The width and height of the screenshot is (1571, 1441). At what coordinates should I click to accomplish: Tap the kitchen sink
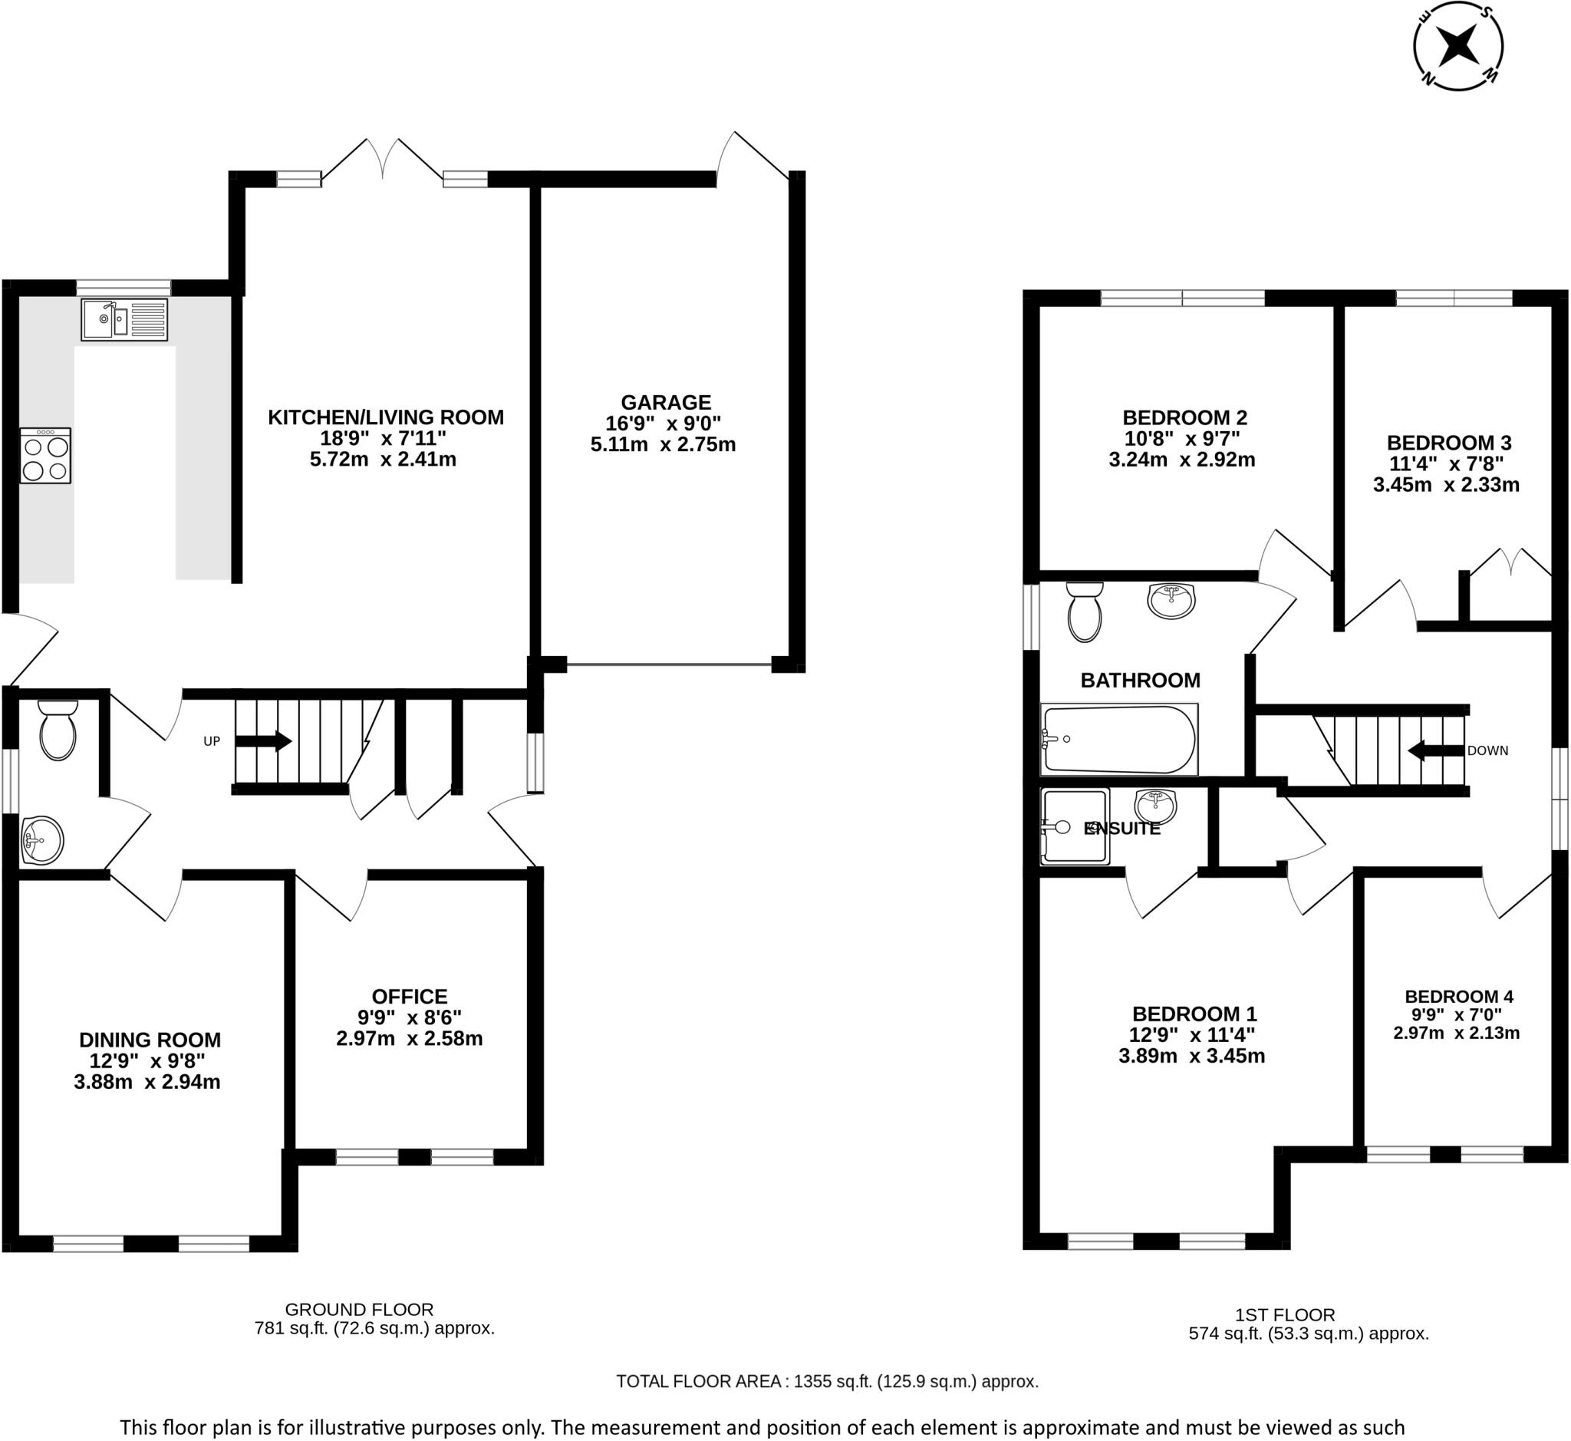(x=124, y=320)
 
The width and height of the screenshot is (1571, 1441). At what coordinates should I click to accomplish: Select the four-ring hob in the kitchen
(x=46, y=455)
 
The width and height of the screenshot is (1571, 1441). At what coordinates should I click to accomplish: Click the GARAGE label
(x=666, y=402)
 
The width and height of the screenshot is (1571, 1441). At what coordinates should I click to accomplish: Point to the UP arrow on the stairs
(x=264, y=740)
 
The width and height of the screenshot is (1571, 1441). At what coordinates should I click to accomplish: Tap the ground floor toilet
(x=58, y=729)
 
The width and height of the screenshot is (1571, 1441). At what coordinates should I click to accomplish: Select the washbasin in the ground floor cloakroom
(x=42, y=842)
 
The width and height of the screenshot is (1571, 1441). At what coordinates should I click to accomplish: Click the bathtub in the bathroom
(x=1119, y=740)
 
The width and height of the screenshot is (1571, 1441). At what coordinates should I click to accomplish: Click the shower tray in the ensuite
(x=1075, y=827)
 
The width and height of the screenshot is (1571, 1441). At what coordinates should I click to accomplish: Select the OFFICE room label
(x=410, y=997)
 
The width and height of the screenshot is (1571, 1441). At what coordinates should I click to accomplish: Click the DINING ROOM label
(x=150, y=1040)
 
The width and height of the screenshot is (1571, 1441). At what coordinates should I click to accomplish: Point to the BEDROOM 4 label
(x=1459, y=997)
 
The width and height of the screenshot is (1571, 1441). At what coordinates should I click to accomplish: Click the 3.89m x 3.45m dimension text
(x=1191, y=1056)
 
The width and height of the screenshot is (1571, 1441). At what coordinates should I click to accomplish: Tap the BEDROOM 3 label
(x=1448, y=443)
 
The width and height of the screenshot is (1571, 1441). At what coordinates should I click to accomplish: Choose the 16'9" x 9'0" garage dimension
(x=664, y=424)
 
